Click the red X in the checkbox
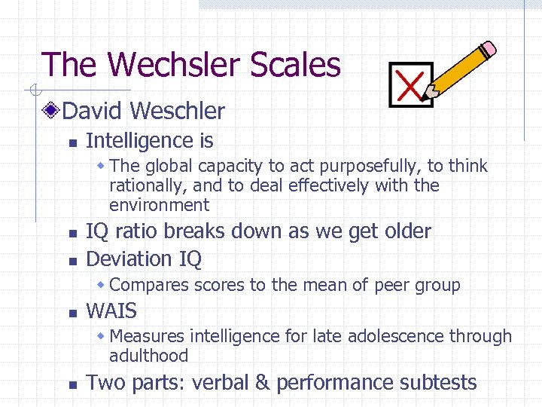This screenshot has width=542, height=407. pos(409,84)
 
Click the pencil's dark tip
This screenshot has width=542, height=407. pos(426,96)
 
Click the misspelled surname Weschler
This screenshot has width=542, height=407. pos(177,112)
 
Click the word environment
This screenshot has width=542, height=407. pos(159,205)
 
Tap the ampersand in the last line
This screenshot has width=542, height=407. pos(261,382)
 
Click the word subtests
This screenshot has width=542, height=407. pos(439,382)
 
